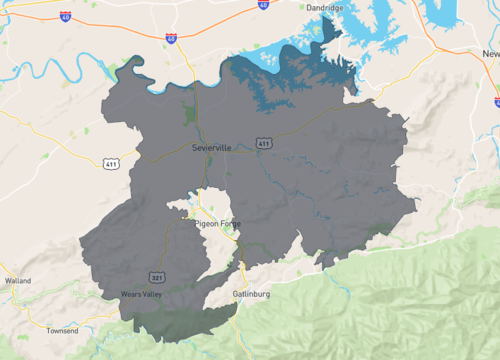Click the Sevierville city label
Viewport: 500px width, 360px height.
click(211, 148)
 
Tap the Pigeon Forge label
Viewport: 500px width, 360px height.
click(218, 223)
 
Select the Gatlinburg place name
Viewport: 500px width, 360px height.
click(252, 296)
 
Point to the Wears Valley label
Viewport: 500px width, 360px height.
click(141, 295)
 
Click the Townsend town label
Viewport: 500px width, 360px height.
click(62, 330)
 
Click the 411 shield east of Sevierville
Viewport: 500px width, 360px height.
click(263, 145)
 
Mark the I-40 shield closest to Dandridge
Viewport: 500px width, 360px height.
click(263, 5)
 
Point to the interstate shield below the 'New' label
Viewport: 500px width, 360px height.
click(496, 101)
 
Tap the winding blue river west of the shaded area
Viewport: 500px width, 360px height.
click(60, 70)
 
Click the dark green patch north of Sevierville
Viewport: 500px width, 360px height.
click(190, 112)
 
